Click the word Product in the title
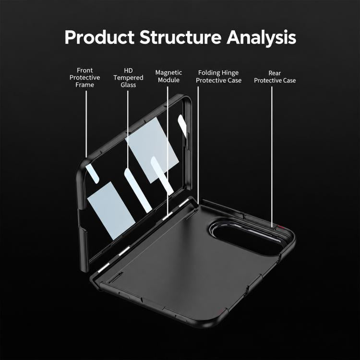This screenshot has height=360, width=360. pos(99,37)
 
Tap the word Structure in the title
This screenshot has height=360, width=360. pos(180,37)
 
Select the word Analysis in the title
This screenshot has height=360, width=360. pos(261,38)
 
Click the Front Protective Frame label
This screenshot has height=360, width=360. pos(84,78)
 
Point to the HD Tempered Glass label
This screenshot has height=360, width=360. pos(128,78)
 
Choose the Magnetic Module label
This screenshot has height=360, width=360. pos(168,76)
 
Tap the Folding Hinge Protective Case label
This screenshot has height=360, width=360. pos(218,76)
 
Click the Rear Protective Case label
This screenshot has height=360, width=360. pos(275,77)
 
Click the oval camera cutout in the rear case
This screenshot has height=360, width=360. pos(246,238)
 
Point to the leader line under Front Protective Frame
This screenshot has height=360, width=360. pos(86,124)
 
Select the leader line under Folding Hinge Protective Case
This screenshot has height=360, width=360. pos(198,145)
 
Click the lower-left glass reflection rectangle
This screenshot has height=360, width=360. pos(111,211)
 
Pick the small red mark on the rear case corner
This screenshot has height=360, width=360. pos(281,228)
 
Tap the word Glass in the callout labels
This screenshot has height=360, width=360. pos(128,85)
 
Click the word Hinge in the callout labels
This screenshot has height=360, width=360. pos(230,73)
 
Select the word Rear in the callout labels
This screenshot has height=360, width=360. pos(275,73)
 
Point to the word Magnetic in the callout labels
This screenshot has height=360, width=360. pos(168,73)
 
